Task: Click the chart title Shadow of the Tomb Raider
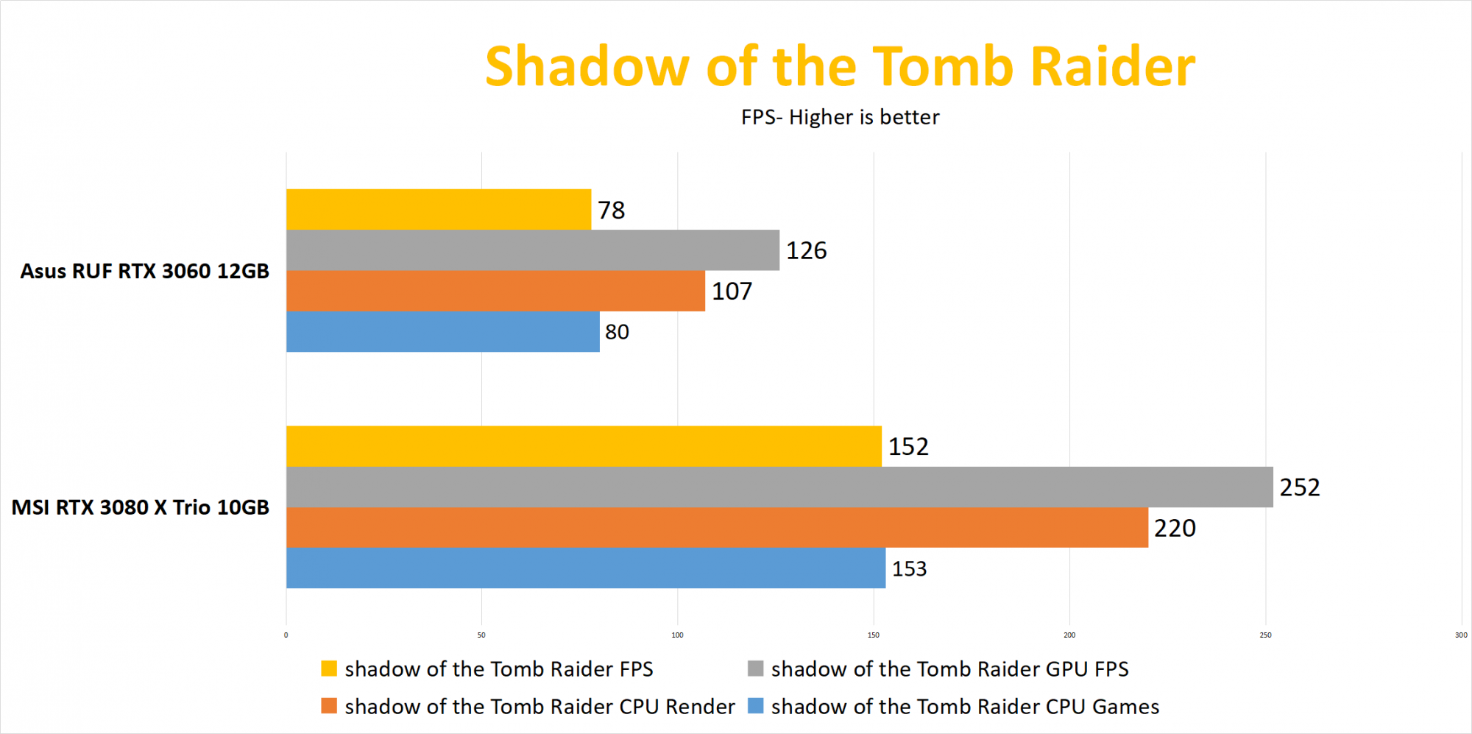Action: point(840,66)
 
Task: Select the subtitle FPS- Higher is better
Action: point(840,117)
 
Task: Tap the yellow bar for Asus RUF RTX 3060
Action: point(439,209)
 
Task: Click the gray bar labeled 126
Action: point(533,250)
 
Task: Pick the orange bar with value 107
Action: point(495,291)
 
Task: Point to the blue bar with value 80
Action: point(443,331)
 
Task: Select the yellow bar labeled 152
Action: point(584,446)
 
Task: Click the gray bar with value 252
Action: point(779,487)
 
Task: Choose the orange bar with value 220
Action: point(717,527)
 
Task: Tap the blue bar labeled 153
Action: point(586,568)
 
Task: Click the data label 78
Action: point(611,211)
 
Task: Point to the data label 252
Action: point(1300,487)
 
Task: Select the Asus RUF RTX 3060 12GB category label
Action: point(145,271)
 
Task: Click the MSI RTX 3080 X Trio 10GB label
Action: point(141,507)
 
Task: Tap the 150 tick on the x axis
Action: point(874,635)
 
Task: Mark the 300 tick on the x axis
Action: point(1461,635)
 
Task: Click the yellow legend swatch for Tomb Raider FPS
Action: point(329,668)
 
